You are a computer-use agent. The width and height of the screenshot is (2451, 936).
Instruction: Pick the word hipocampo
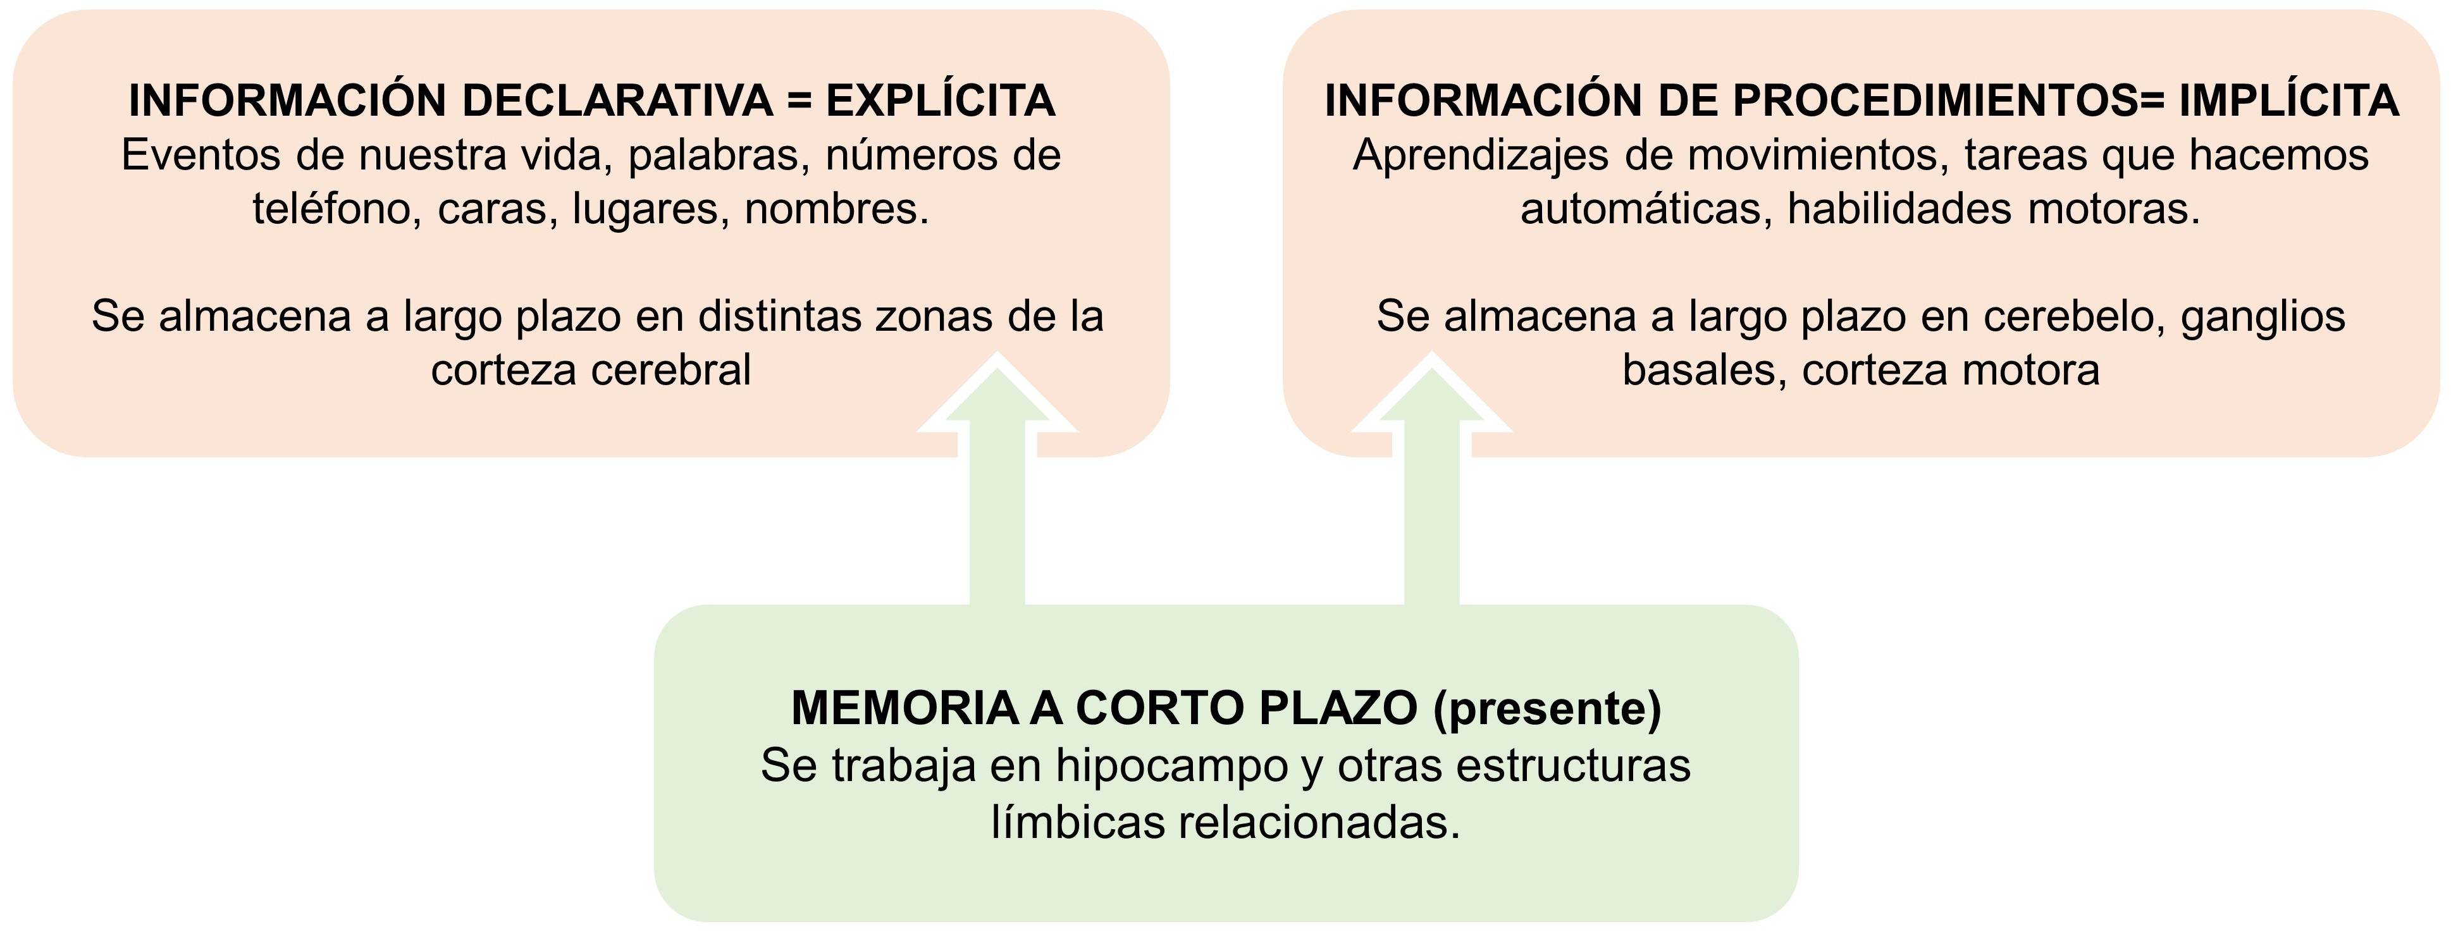(1171, 766)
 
